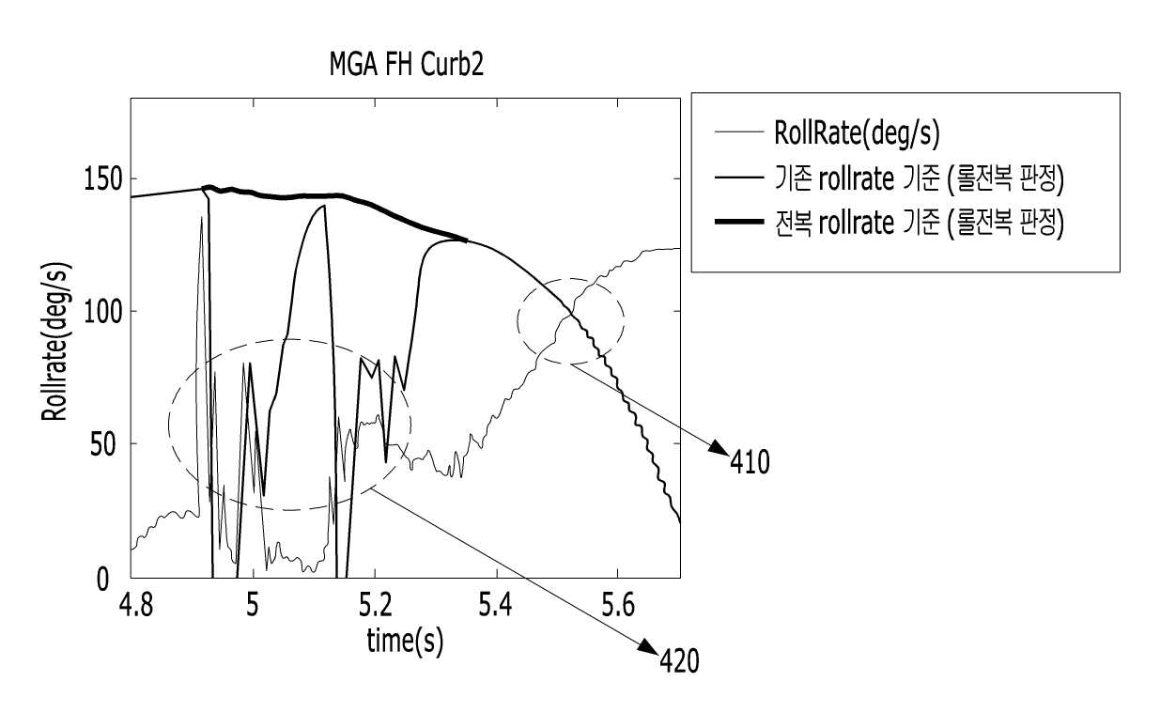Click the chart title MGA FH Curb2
click(x=407, y=65)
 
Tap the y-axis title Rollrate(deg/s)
click(x=54, y=342)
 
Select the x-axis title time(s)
click(x=405, y=642)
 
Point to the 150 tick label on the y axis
click(x=103, y=179)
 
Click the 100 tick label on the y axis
click(x=103, y=312)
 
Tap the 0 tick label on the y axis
click(x=102, y=580)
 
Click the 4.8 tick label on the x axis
click(x=135, y=605)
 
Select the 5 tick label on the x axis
click(x=253, y=605)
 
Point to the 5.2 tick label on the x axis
click(x=376, y=605)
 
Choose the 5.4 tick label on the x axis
click(x=496, y=605)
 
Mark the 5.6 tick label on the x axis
click(x=618, y=605)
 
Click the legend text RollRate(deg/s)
click(x=857, y=133)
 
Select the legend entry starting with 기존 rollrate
click(x=919, y=179)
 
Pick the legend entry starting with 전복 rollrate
click(x=919, y=224)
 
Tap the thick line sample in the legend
click(x=739, y=222)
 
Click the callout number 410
click(x=750, y=462)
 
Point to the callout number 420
click(x=679, y=661)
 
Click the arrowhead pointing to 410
click(x=719, y=448)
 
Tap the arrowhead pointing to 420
click(x=648, y=647)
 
